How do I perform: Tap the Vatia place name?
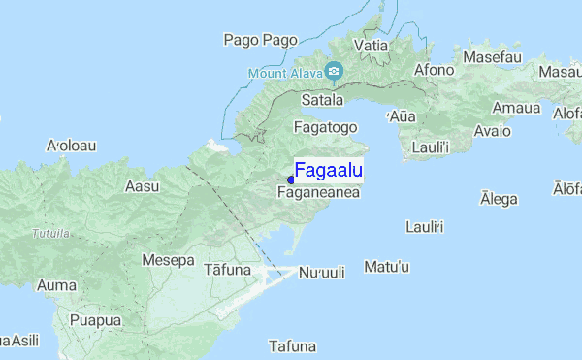(372, 46)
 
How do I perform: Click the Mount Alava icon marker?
(335, 70)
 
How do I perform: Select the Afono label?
(434, 70)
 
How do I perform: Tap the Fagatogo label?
(326, 127)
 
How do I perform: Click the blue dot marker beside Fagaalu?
(290, 180)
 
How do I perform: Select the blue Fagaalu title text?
(328, 172)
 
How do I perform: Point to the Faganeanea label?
(319, 193)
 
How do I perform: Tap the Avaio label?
(493, 131)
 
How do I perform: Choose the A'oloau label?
(71, 146)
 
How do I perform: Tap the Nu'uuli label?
(321, 273)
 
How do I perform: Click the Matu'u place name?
(387, 266)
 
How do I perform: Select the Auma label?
(55, 285)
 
